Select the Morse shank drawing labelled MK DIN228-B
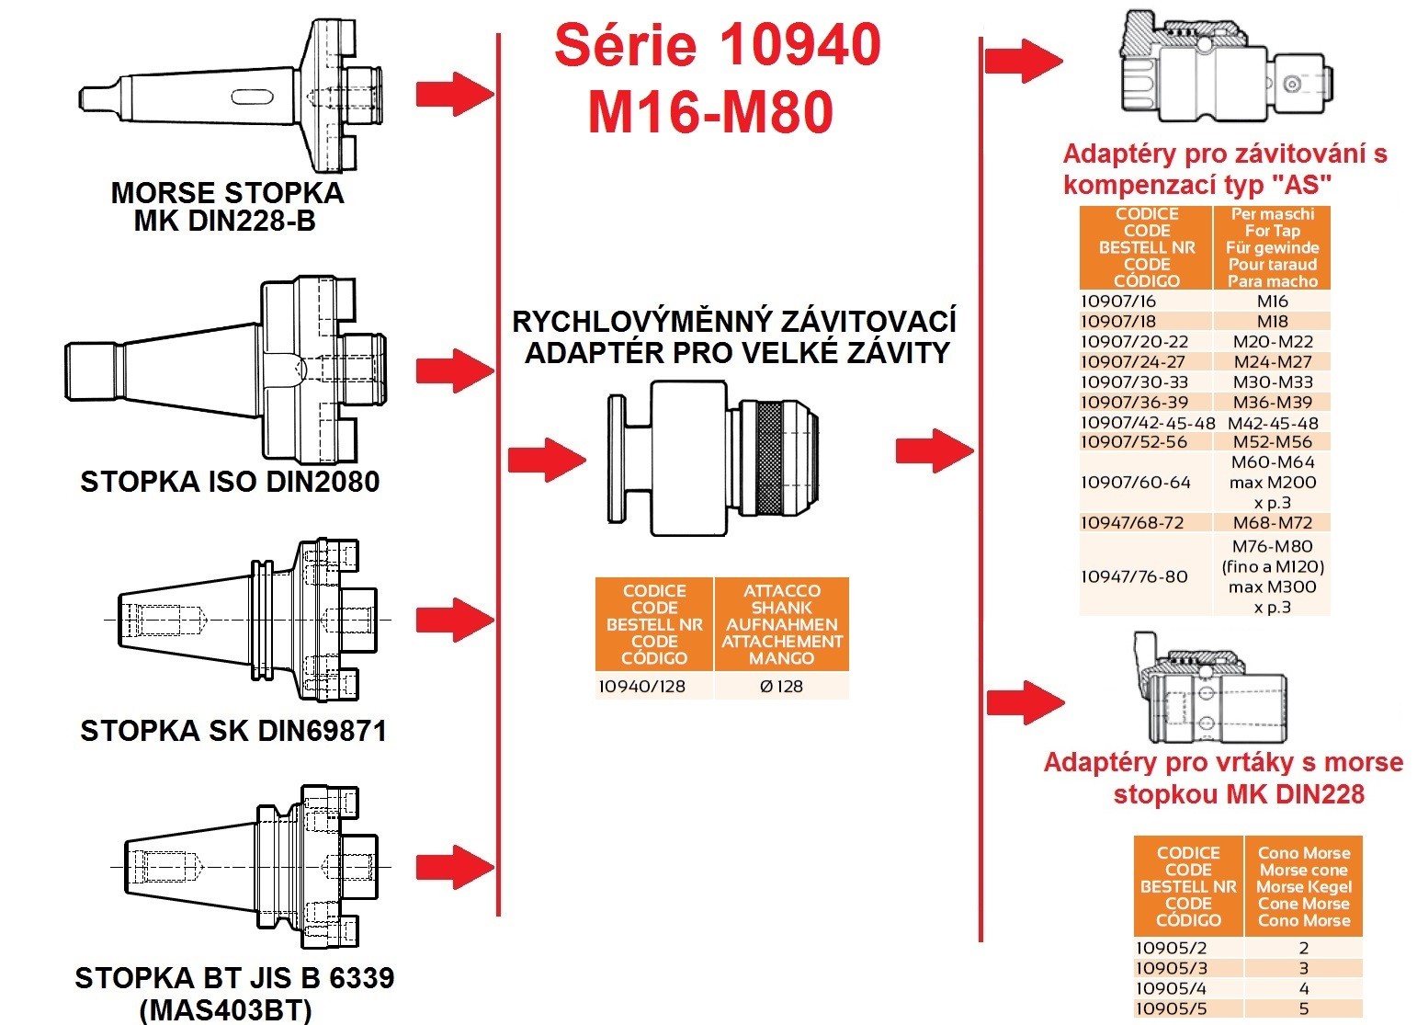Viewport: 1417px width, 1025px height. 230,96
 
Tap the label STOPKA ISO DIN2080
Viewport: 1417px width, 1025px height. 230,482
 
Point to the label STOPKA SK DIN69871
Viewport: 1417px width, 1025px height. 233,731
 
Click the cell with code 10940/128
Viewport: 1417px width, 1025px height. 642,686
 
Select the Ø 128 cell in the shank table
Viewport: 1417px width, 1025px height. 781,686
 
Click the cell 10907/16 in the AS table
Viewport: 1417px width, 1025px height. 1118,301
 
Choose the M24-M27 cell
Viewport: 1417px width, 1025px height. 1273,361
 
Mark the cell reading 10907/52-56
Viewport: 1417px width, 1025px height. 1134,442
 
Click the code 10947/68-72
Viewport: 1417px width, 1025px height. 1132,523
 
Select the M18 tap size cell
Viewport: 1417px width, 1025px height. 1273,321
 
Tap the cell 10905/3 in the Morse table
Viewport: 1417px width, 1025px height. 1171,968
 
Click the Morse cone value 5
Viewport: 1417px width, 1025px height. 1303,1008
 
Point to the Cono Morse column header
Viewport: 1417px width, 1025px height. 1303,886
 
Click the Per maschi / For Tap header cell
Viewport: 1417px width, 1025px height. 1273,247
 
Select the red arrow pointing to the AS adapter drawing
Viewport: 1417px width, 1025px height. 1022,62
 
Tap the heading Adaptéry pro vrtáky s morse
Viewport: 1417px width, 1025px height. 1223,763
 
